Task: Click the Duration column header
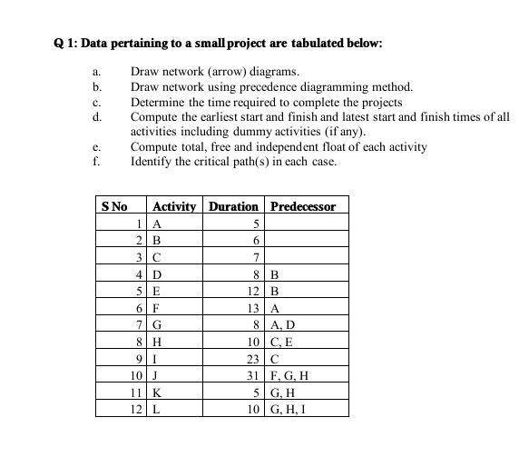[x=233, y=206]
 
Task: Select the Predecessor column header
[x=303, y=206]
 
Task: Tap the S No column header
[x=114, y=206]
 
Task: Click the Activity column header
[x=174, y=206]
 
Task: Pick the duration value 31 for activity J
[x=253, y=376]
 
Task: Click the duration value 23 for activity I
[x=253, y=359]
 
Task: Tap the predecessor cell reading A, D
[x=285, y=325]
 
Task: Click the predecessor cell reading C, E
[x=284, y=343]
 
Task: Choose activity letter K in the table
[x=158, y=393]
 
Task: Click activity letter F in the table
[x=157, y=308]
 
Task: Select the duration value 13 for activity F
[x=253, y=308]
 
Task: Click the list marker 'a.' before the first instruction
[x=96, y=71]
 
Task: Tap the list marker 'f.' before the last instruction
[x=95, y=162]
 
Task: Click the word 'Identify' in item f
[x=152, y=162]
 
